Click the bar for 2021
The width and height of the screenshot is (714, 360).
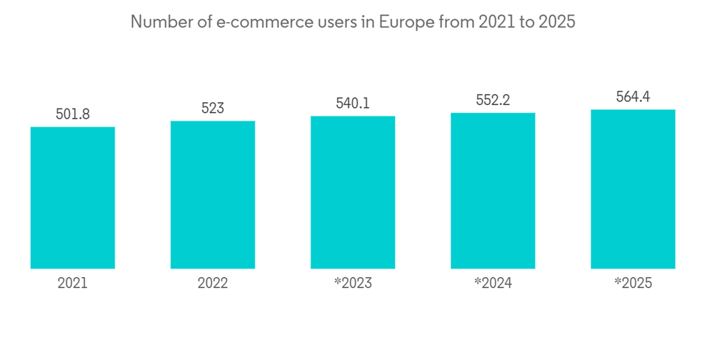click(x=72, y=198)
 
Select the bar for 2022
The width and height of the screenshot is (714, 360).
click(x=213, y=195)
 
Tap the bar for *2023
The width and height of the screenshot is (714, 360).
click(x=353, y=192)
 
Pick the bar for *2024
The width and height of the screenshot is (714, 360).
click(x=493, y=191)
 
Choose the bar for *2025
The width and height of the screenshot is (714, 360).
click(x=633, y=189)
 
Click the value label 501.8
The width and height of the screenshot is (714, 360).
click(x=72, y=114)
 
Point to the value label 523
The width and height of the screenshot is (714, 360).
click(x=213, y=108)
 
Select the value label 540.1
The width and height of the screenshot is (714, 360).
click(x=353, y=103)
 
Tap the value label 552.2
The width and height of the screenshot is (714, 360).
click(x=493, y=101)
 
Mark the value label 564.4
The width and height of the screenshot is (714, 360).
click(x=633, y=97)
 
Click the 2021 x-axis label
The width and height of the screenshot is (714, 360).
click(x=72, y=284)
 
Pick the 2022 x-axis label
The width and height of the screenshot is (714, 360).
click(x=213, y=284)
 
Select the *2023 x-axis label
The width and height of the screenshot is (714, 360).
click(x=353, y=284)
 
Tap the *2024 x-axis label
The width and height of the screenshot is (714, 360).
click(x=493, y=284)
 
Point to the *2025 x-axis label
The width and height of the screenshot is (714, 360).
click(x=633, y=284)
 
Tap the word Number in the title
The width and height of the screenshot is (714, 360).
click(x=157, y=22)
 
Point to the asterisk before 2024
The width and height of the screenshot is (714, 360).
click(x=477, y=281)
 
